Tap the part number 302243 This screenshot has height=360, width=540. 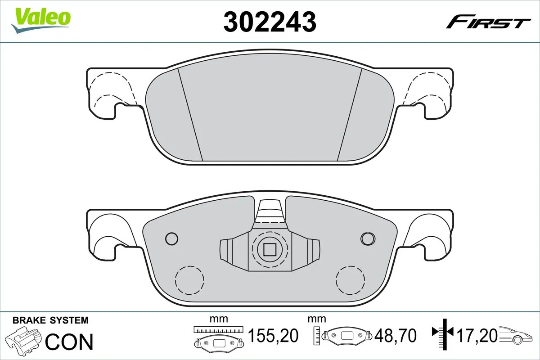tap(270, 21)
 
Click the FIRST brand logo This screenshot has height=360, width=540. tap(488, 22)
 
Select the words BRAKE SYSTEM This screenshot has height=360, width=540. tap(50, 320)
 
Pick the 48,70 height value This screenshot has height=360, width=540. tap(396, 335)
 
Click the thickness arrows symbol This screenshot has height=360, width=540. tap(444, 333)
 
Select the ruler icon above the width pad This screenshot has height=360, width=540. tap(218, 329)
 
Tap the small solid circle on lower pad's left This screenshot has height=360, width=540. tap(171, 238)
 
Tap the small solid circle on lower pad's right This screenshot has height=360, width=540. tap(368, 238)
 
